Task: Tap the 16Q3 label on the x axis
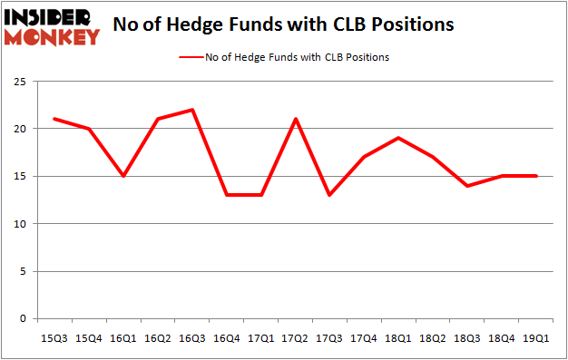(x=192, y=338)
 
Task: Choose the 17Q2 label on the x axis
(x=296, y=338)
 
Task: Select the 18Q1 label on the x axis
(x=399, y=338)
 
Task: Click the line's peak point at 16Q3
(x=192, y=110)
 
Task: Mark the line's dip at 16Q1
(x=123, y=176)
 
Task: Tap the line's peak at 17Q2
(x=296, y=119)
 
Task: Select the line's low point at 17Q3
(x=330, y=195)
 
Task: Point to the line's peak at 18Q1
(x=399, y=138)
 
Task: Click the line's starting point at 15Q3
(x=54, y=119)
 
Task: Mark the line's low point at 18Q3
(x=468, y=186)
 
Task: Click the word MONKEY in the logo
(x=53, y=37)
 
